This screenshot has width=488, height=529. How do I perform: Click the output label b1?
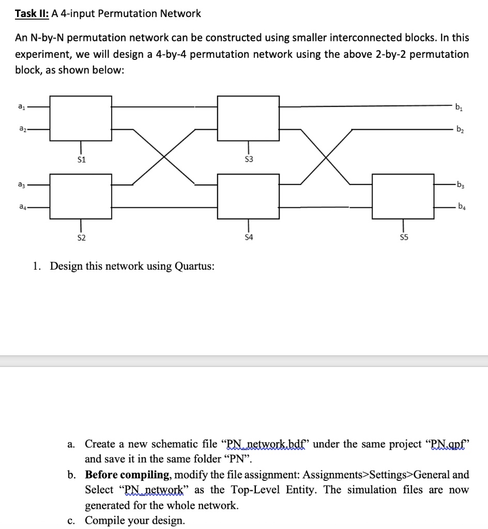(x=459, y=108)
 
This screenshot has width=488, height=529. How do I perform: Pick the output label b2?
(x=459, y=130)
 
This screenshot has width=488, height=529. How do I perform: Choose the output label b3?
(x=459, y=184)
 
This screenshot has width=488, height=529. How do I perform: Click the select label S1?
(x=81, y=159)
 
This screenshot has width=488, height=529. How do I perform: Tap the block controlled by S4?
(x=248, y=196)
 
